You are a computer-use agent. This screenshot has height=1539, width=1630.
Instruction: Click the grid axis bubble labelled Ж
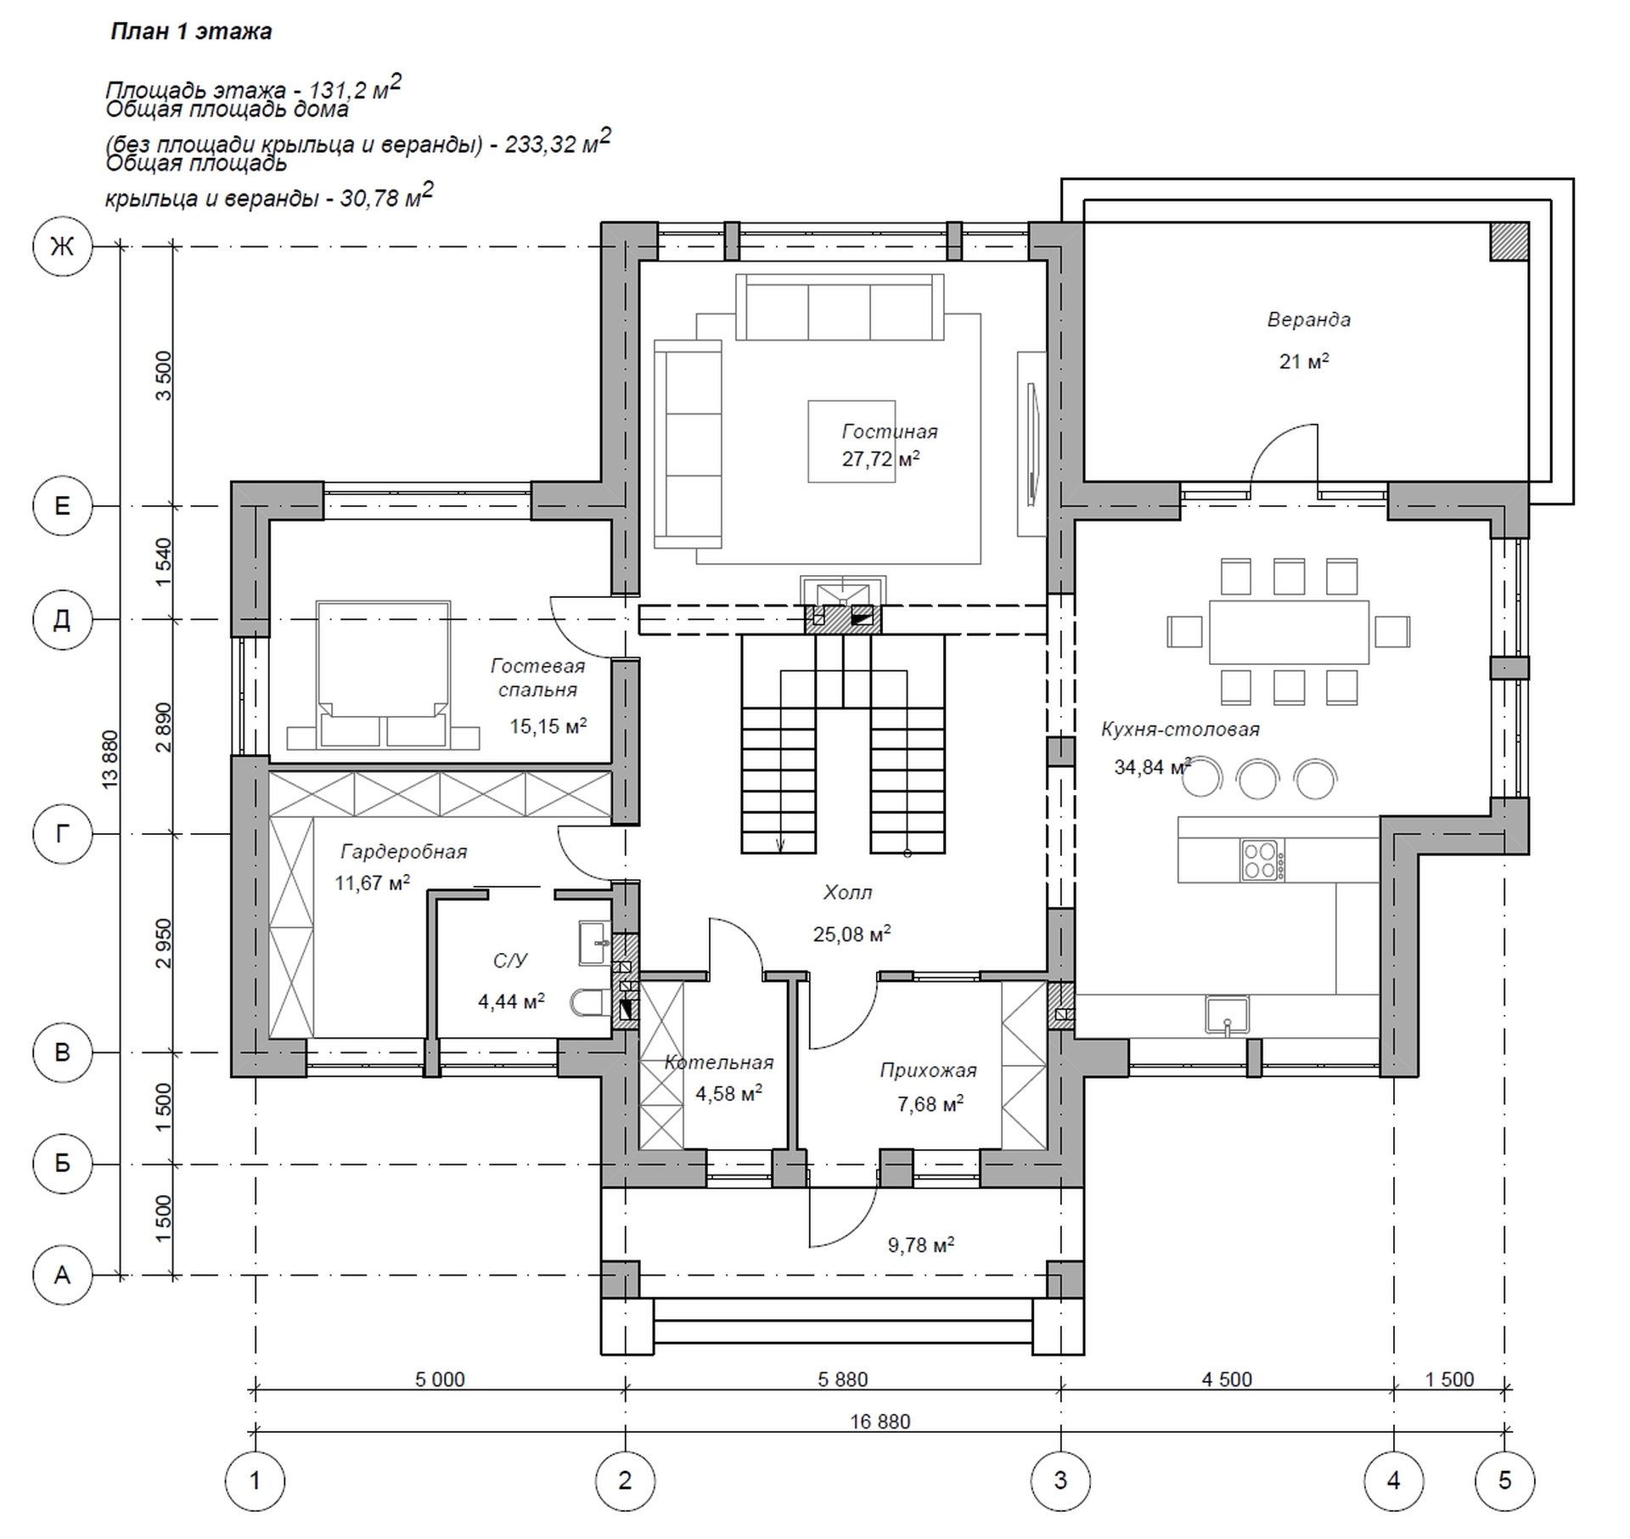click(62, 247)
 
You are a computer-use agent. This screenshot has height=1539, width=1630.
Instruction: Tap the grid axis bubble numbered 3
click(1060, 1480)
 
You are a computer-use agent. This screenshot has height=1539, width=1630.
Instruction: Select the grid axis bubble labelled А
click(62, 1275)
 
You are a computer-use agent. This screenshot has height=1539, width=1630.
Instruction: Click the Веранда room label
click(1308, 320)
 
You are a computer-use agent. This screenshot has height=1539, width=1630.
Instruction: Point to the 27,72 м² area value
click(880, 459)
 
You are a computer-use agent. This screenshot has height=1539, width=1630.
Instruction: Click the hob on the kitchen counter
click(1262, 860)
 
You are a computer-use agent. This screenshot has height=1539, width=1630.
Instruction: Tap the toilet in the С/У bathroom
click(590, 1003)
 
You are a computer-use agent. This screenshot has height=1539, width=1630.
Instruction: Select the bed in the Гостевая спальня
click(383, 675)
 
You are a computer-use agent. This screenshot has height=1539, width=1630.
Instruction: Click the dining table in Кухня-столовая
click(1289, 632)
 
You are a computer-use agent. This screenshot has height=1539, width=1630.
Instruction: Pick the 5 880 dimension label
click(843, 1379)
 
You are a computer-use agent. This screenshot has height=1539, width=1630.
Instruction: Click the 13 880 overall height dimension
click(110, 759)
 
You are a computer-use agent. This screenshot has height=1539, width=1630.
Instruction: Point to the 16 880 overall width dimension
click(880, 1422)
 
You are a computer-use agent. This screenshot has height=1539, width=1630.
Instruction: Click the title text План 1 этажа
click(191, 32)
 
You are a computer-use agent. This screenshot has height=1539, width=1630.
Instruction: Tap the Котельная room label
click(719, 1063)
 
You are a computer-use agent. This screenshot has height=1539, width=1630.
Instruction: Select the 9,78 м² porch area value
click(921, 1245)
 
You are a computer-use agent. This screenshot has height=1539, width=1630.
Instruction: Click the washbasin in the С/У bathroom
click(594, 943)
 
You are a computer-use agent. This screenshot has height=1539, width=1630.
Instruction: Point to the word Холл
click(847, 893)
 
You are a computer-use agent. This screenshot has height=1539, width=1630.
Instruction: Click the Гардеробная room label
click(404, 852)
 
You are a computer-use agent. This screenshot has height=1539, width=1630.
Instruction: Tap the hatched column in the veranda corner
click(1509, 241)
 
